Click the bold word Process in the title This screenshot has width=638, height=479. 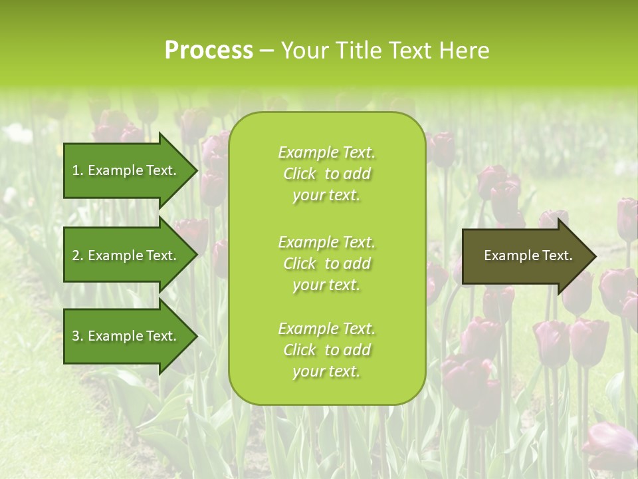[209, 51]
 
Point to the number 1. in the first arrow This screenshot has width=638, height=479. [78, 170]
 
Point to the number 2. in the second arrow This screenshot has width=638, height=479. [78, 255]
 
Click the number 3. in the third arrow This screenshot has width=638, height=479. [78, 336]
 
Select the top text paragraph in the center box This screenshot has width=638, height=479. [326, 174]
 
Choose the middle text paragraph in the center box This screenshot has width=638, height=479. [326, 263]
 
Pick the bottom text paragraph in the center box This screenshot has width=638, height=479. [326, 350]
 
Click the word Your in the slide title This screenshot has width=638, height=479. [304, 51]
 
